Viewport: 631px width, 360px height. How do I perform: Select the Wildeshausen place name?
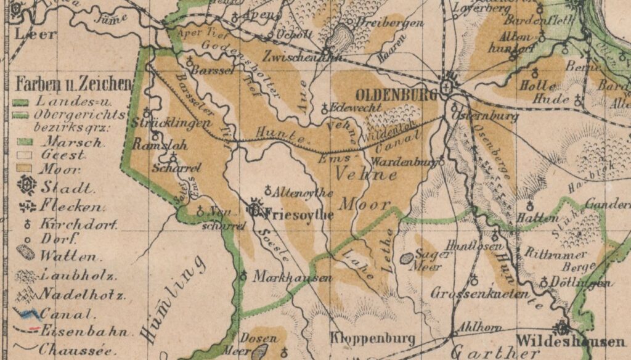point(564,341)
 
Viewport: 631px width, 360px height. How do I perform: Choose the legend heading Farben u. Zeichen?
point(73,83)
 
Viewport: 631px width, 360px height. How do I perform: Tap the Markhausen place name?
point(293,277)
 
